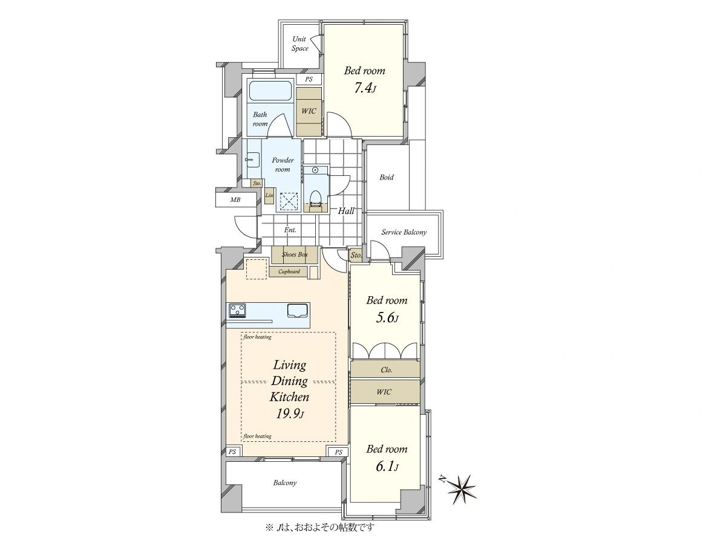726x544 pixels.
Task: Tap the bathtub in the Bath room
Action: click(x=270, y=91)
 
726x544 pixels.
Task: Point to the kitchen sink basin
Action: click(x=298, y=311)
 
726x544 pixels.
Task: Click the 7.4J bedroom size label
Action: click(x=365, y=88)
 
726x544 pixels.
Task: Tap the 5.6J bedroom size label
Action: click(x=387, y=318)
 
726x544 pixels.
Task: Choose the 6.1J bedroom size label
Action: click(x=387, y=467)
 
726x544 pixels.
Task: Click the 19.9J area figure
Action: click(x=290, y=413)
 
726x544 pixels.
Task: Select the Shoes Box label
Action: click(x=295, y=254)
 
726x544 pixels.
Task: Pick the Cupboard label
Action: click(x=289, y=271)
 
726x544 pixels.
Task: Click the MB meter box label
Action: click(x=235, y=200)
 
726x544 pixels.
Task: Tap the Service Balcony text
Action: click(x=404, y=232)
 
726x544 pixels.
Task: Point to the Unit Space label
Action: click(x=299, y=44)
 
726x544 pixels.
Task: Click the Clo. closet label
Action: click(x=387, y=369)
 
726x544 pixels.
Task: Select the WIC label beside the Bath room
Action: click(x=309, y=111)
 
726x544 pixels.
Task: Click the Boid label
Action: click(x=387, y=177)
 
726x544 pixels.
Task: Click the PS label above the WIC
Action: click(x=309, y=79)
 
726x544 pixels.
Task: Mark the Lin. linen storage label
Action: click(x=269, y=195)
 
